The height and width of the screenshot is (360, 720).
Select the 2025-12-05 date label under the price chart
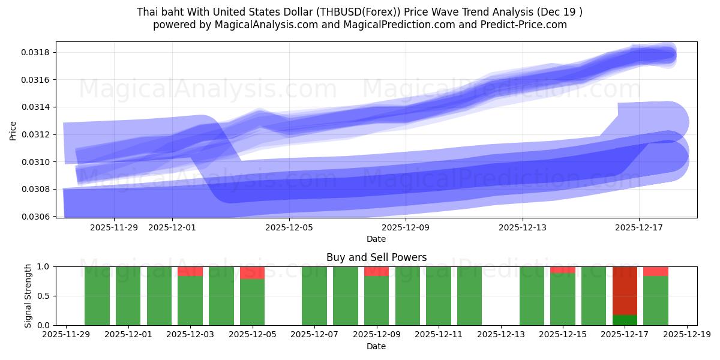tap(290, 227)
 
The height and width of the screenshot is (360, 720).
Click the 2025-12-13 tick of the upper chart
tap(523, 227)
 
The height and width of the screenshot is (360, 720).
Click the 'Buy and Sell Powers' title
tap(376, 257)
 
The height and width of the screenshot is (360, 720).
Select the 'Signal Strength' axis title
tap(28, 296)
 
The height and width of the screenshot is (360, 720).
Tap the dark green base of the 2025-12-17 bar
tap(625, 320)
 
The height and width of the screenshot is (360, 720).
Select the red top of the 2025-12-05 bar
tap(253, 272)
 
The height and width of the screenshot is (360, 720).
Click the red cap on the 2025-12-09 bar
tap(377, 271)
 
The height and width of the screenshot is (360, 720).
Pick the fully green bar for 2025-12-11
tap(439, 296)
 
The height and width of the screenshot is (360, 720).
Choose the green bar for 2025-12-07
tap(314, 296)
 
